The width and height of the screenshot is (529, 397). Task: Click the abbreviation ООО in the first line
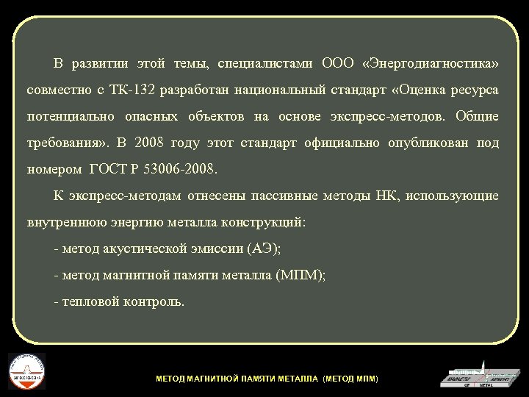(x=337, y=63)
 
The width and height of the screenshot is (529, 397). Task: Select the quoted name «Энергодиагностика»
(x=431, y=63)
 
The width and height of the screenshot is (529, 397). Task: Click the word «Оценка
(x=423, y=90)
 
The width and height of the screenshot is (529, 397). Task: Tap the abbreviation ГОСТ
(x=108, y=169)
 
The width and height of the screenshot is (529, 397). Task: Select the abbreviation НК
(x=385, y=196)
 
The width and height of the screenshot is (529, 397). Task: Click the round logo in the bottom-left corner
(x=26, y=371)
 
